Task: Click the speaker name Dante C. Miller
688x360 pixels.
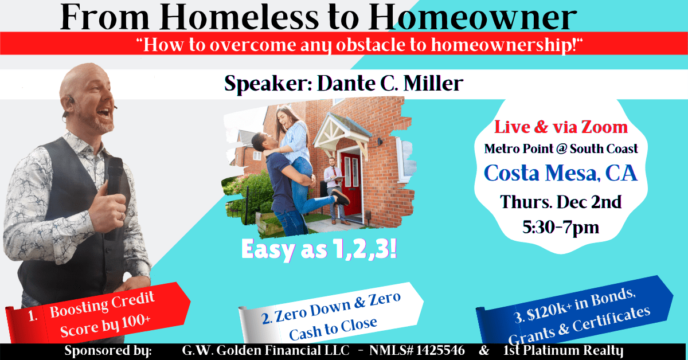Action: (390, 83)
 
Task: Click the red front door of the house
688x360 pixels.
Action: (351, 183)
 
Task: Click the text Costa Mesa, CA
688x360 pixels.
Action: (561, 173)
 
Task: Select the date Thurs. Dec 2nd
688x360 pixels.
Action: (561, 202)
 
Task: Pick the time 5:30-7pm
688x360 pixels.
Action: (561, 228)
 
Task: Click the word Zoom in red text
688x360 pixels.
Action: (605, 127)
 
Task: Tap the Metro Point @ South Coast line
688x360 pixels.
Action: (561, 149)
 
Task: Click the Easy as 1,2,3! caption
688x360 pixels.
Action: (319, 250)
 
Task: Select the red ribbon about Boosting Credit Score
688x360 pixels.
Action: (98, 314)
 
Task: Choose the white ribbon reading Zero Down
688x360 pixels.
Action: (331, 314)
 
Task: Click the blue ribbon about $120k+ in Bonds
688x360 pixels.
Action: (574, 310)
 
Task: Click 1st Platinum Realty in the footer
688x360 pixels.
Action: (563, 351)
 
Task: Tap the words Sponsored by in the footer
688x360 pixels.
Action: (108, 351)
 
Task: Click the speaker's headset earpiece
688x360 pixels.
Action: (71, 100)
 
